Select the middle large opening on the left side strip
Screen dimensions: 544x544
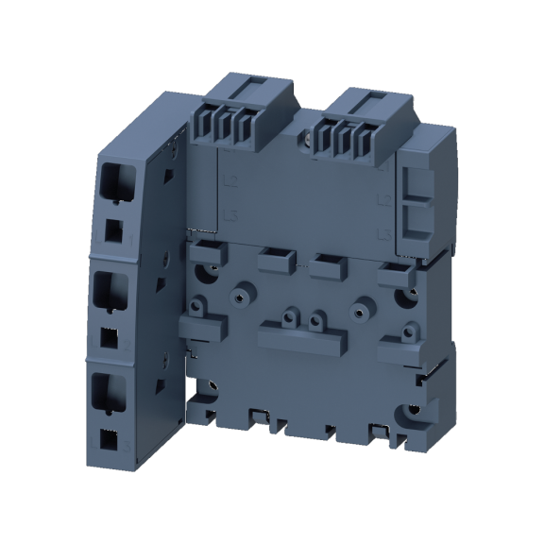pos(112,291)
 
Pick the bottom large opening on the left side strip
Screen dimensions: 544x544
pos(111,391)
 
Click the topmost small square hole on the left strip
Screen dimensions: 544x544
pos(112,229)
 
